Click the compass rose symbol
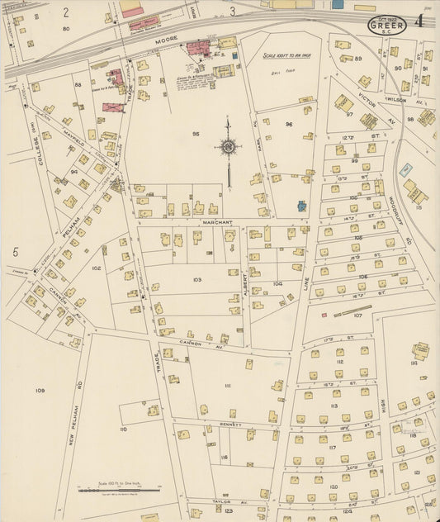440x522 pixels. point(228,148)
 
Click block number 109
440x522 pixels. point(39,389)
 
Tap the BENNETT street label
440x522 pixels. point(230,425)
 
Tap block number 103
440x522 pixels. point(196,280)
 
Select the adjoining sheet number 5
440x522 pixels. point(15,251)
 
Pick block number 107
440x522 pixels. point(357,316)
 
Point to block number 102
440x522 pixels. point(96,268)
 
